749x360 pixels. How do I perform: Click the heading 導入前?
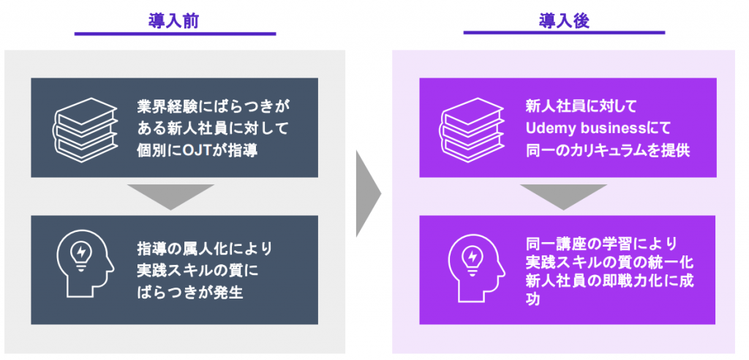point(175,21)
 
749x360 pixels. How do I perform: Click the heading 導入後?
point(564,21)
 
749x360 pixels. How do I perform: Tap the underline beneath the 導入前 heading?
point(175,34)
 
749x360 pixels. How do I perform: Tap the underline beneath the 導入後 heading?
point(564,33)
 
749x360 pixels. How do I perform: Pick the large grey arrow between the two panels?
point(369,194)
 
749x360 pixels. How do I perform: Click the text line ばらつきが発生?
point(190,292)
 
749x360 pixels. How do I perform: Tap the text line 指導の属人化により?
point(205,249)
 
